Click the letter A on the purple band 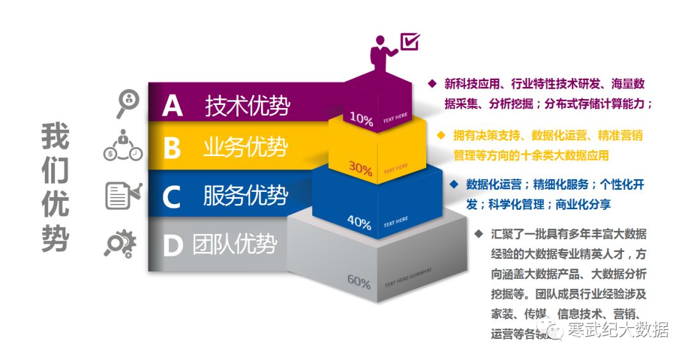(172, 106)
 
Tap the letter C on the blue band (172, 196)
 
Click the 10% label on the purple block (361, 120)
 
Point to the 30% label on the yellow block (360, 168)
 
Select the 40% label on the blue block (359, 223)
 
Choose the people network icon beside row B (123, 146)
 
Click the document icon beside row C (122, 195)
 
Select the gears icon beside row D (120, 244)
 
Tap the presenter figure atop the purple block (383, 52)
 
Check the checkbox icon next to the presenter (409, 42)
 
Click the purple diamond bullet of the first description (432, 83)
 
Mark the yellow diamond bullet (441, 135)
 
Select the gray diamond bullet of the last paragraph (479, 233)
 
